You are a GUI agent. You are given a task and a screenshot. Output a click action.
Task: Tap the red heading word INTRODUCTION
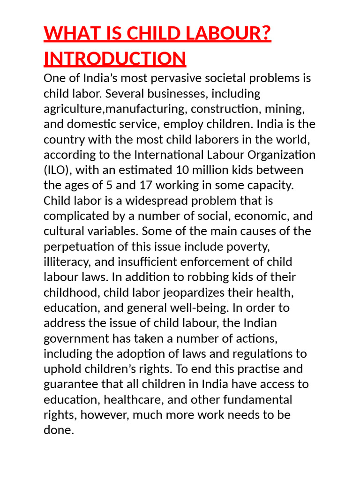115,59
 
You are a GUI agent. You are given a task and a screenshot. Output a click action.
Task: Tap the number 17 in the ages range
136,185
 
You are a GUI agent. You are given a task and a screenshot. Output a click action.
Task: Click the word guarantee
72,384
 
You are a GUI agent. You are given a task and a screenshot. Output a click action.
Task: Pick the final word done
58,430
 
